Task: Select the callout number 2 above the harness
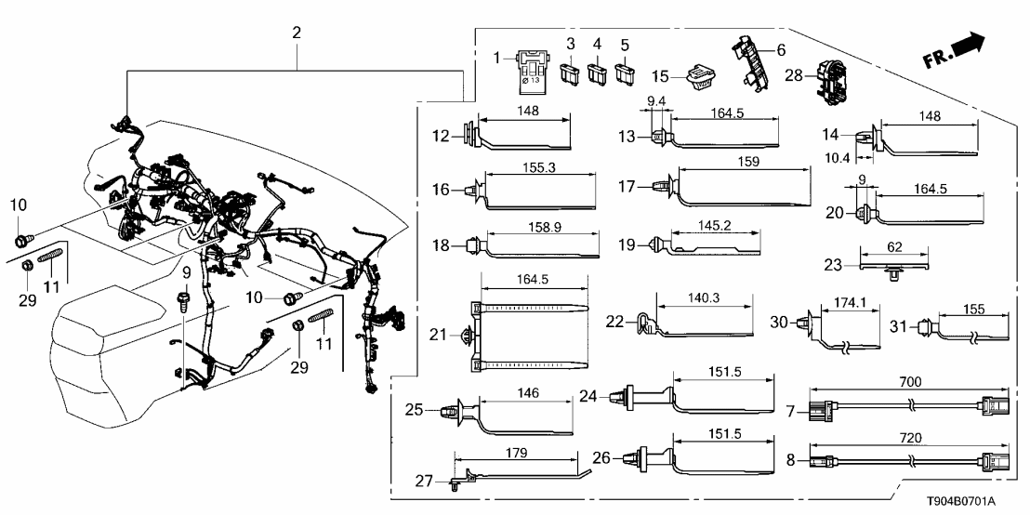click(297, 33)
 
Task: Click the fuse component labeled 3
click(570, 72)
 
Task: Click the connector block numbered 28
click(829, 81)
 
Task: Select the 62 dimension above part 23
click(894, 247)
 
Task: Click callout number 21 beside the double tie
click(438, 335)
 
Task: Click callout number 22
click(614, 322)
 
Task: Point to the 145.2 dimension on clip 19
click(716, 225)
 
